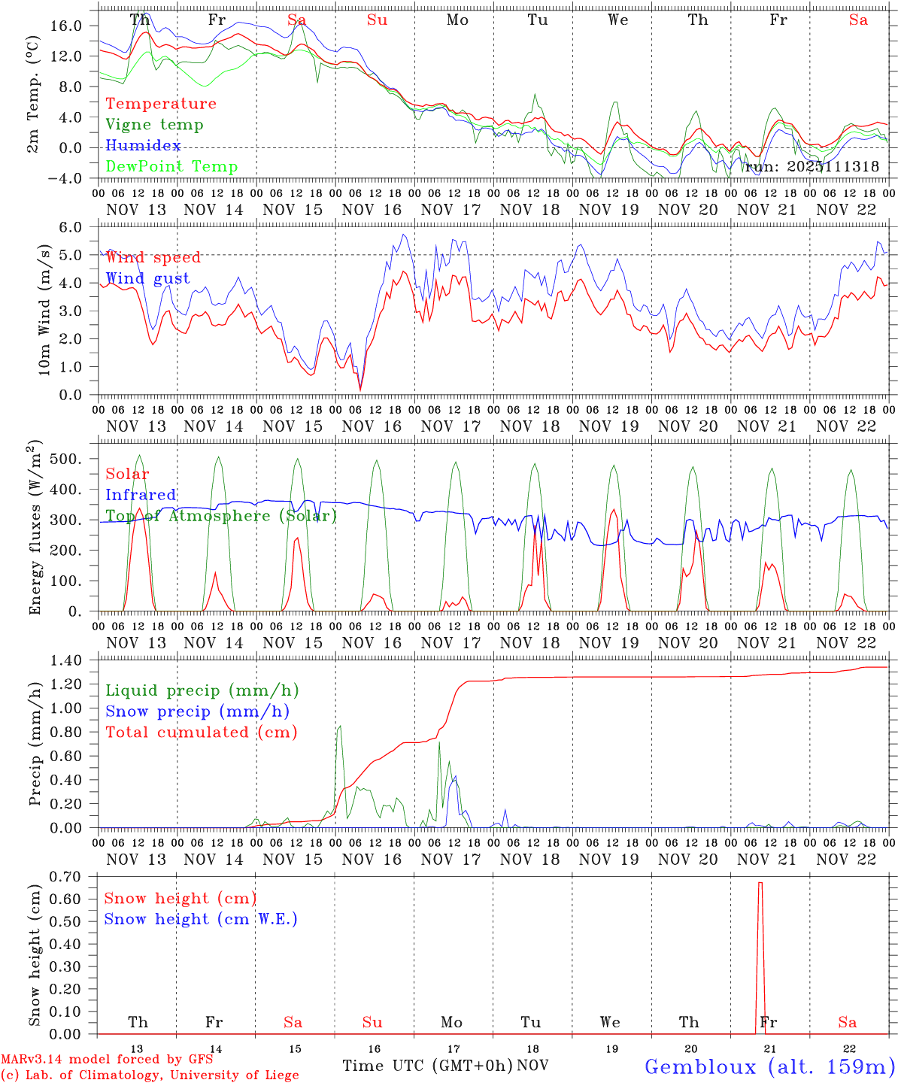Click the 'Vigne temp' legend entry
tap(154, 125)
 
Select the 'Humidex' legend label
tap(143, 146)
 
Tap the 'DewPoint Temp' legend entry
tap(171, 167)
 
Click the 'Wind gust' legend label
tap(147, 279)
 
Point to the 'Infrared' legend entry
tap(141, 495)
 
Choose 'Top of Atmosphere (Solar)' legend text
tap(220, 516)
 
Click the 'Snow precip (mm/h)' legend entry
tap(197, 711)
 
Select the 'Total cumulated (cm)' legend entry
tap(201, 733)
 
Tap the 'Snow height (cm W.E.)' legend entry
tap(200, 919)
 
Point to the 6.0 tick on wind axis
tap(70, 227)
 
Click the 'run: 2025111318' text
tap(812, 167)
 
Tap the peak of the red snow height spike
tap(760, 883)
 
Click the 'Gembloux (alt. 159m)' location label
tap(769, 1066)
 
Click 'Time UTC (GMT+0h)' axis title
tap(428, 1066)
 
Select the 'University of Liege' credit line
tap(150, 1075)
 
